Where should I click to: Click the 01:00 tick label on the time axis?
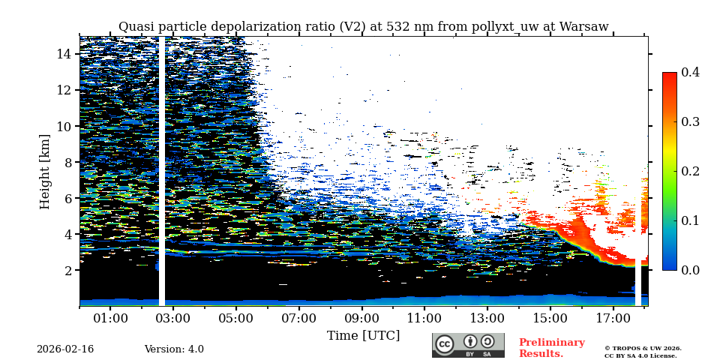[x=110, y=318]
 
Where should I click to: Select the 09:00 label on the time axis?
[x=361, y=318]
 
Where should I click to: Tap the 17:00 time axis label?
[x=613, y=318]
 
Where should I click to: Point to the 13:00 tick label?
[x=487, y=318]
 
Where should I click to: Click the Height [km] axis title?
[x=45, y=171]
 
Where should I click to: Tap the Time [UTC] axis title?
[x=363, y=335]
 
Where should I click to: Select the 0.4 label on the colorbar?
[x=691, y=72]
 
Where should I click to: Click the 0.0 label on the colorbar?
[x=691, y=270]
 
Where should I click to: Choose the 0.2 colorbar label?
[x=691, y=171]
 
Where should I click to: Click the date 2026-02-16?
[x=65, y=349]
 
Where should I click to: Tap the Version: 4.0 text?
[x=174, y=349]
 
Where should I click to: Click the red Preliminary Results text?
[x=551, y=348]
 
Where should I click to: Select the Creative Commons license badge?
[x=468, y=345]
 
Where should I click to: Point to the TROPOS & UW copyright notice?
[x=643, y=352]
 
